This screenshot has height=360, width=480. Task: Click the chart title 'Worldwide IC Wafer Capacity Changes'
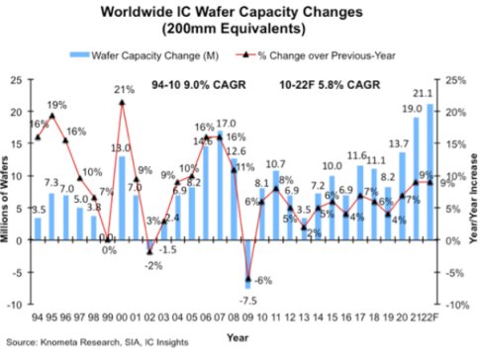(x=240, y=12)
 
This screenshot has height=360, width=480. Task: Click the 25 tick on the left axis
(x=17, y=79)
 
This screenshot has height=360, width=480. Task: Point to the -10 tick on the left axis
(x=15, y=306)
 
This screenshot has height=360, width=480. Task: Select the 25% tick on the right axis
(x=454, y=79)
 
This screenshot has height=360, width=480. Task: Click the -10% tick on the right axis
(x=455, y=306)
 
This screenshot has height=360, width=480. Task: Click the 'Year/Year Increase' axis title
(x=472, y=193)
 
